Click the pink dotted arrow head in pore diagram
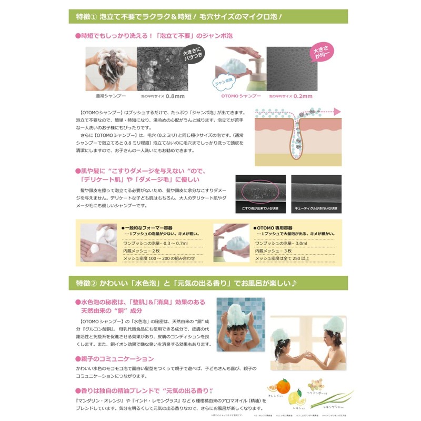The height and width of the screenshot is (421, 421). tap(337, 112)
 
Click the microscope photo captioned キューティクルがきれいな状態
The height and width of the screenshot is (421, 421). tap(316, 193)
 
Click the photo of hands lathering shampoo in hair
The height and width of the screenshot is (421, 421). tap(110, 69)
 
